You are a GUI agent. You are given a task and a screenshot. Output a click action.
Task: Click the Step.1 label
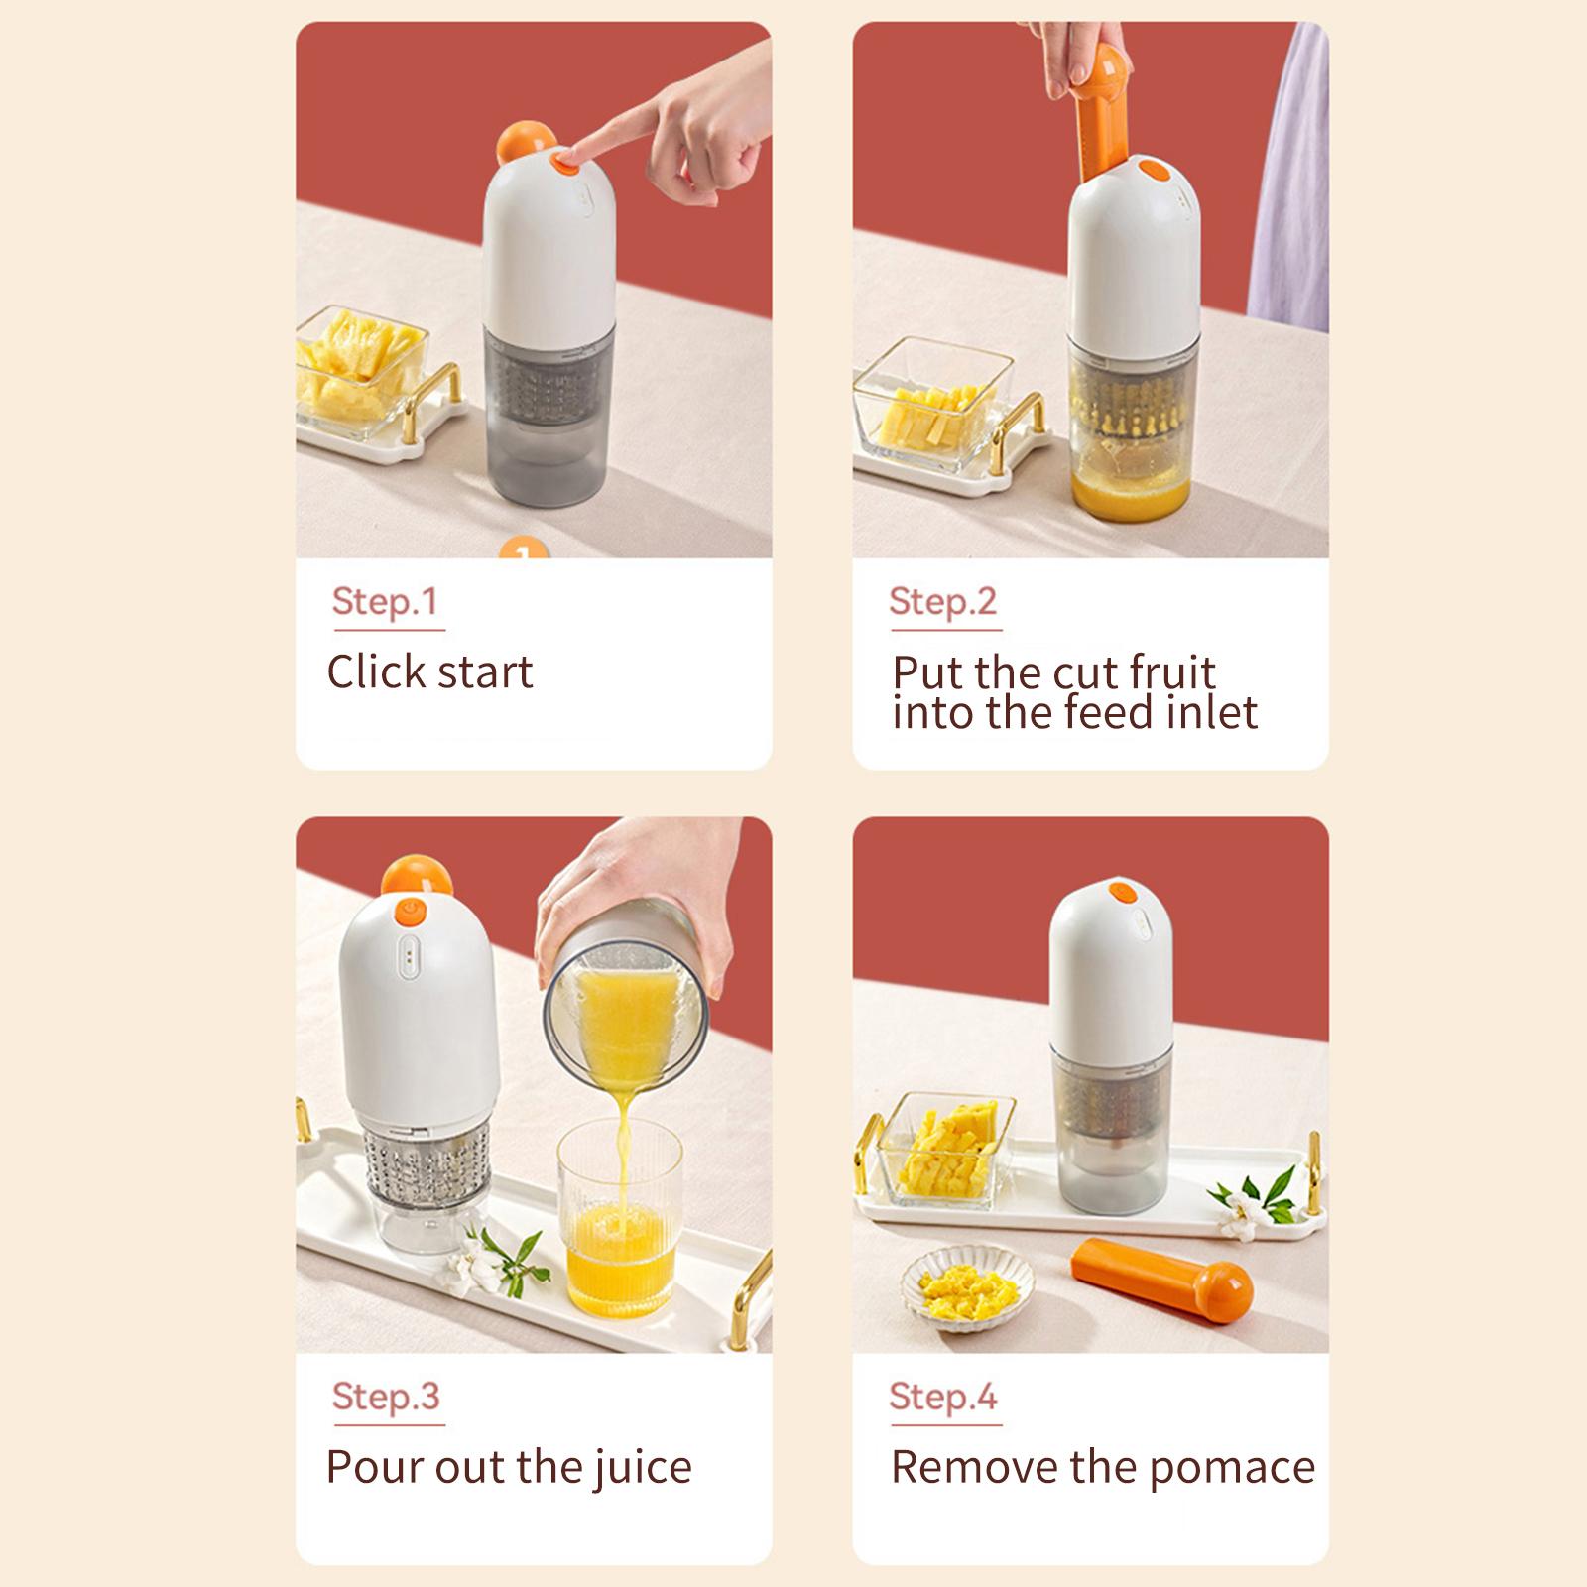[385, 601]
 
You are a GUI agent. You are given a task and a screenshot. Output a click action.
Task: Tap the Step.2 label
[942, 601]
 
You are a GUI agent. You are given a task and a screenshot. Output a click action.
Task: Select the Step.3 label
[386, 1396]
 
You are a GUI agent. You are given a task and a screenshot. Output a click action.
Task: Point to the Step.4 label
[943, 1396]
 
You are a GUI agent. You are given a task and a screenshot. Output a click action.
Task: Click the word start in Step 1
[485, 672]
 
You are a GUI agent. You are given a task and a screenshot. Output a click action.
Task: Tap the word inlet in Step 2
[1212, 712]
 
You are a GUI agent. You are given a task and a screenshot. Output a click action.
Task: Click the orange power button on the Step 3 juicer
[407, 910]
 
